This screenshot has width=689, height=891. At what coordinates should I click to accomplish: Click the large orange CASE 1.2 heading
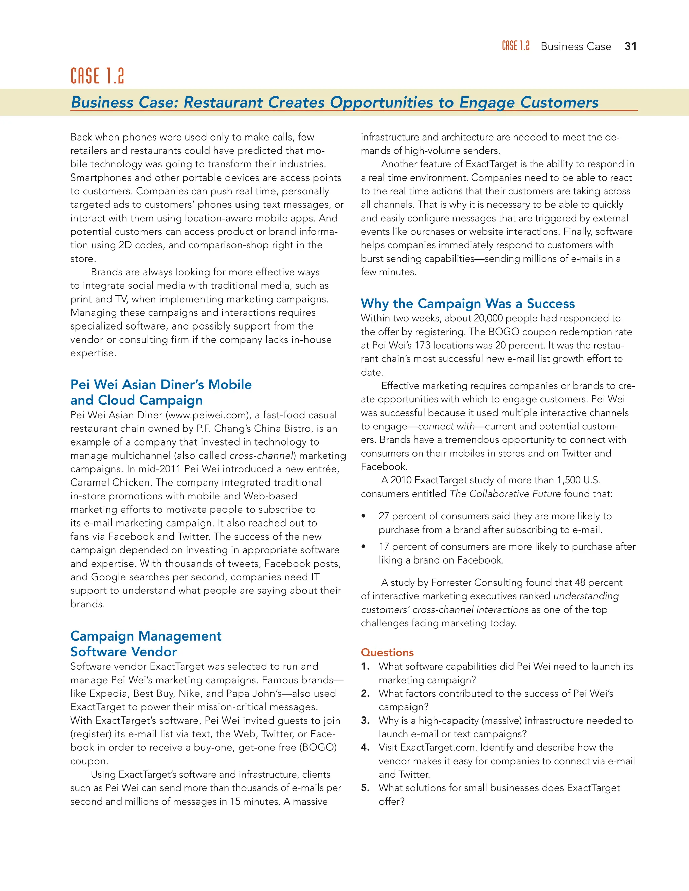(97, 76)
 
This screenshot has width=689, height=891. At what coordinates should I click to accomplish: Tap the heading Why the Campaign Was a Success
(467, 304)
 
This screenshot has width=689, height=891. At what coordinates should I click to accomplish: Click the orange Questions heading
(387, 652)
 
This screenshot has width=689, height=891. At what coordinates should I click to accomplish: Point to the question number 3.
(365, 721)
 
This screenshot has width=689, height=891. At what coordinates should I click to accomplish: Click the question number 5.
(365, 788)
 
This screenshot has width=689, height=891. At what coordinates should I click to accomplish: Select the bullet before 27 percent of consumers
(363, 516)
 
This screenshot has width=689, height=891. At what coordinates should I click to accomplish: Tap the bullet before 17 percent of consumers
(363, 547)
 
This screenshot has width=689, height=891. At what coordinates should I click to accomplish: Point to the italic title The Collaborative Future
(505, 494)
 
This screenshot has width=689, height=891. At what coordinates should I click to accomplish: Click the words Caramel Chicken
(110, 482)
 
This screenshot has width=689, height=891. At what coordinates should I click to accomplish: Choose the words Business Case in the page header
(576, 46)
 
